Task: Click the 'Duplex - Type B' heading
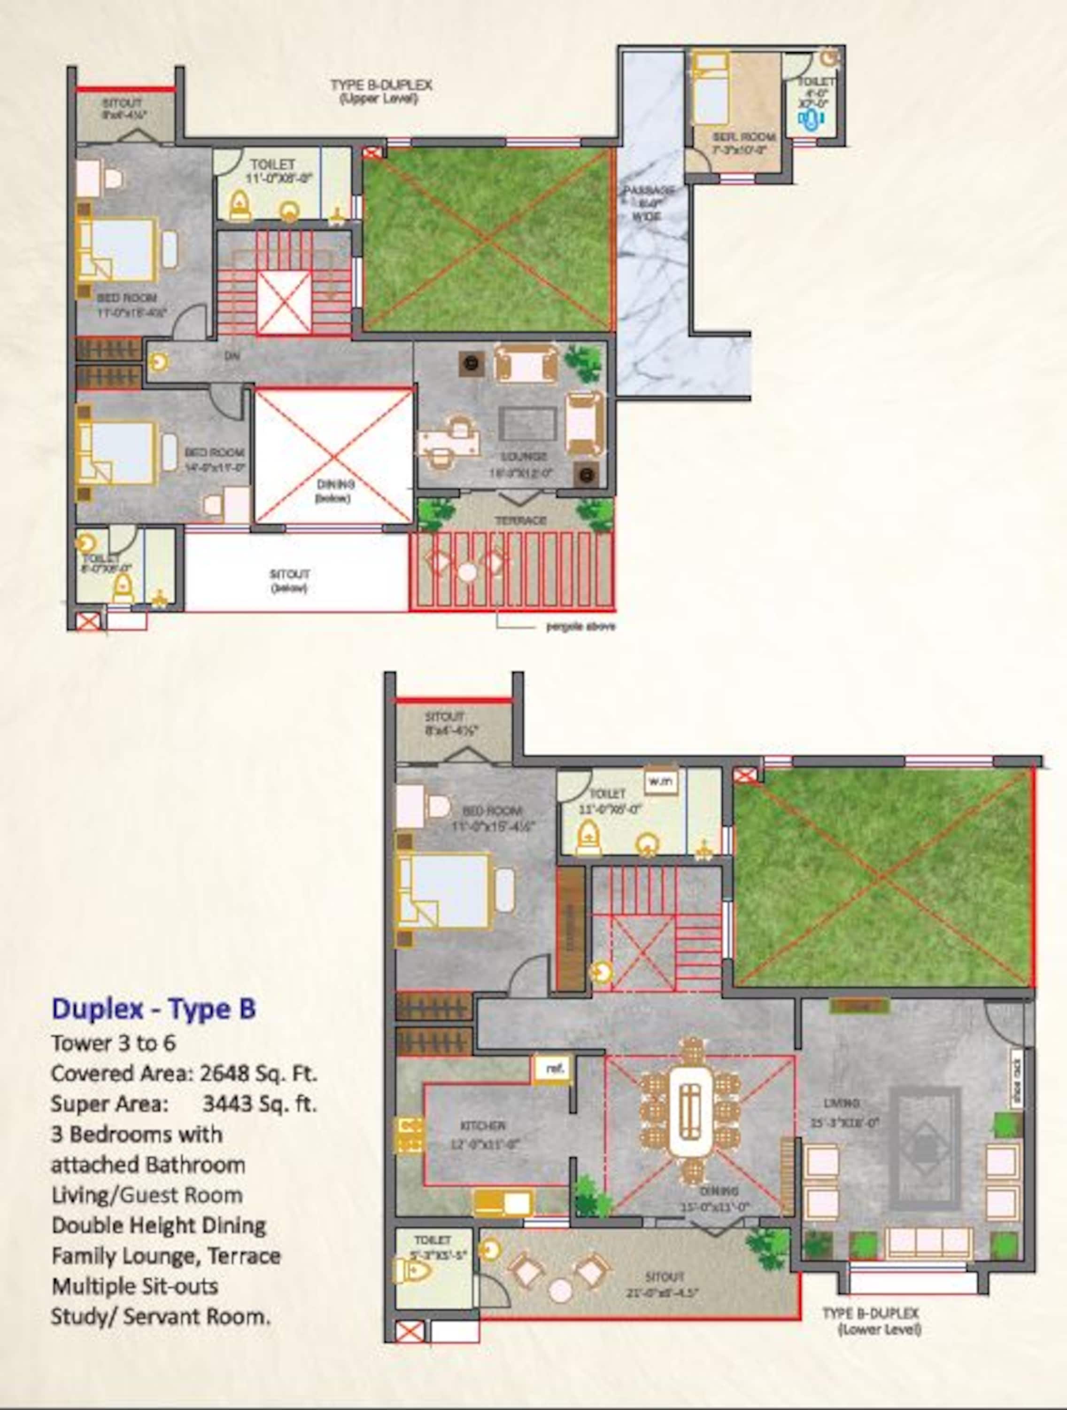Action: click(154, 1009)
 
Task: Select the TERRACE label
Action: click(520, 521)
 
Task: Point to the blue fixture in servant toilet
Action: click(812, 119)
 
